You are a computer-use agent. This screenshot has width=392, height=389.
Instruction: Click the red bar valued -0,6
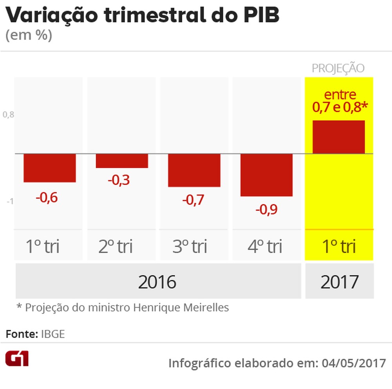click(49, 167)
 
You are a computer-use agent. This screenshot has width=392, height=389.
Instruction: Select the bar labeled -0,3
click(122, 160)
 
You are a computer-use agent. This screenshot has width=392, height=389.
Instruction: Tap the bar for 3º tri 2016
click(194, 170)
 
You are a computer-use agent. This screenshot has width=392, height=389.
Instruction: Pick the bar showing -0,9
click(267, 175)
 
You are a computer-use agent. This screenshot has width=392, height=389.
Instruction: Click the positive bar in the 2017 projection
click(339, 137)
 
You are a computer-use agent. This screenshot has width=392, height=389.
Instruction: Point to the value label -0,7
click(193, 200)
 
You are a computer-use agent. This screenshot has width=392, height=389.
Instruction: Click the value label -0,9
click(267, 210)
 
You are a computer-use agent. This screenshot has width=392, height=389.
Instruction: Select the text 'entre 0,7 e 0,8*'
click(340, 101)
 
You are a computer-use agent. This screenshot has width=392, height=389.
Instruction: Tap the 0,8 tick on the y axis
click(9, 115)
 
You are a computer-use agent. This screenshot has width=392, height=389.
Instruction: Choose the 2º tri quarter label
click(116, 247)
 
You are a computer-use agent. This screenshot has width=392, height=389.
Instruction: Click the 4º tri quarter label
click(265, 247)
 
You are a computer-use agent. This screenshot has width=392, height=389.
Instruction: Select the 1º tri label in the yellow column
click(339, 247)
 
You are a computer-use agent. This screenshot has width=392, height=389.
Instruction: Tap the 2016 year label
click(157, 282)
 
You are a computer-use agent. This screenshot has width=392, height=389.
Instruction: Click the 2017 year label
click(339, 282)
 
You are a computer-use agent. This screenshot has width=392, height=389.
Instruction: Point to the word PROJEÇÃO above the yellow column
click(338, 68)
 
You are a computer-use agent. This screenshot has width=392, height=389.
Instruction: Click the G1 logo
click(17, 358)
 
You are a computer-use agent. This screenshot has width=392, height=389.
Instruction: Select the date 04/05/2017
click(354, 363)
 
